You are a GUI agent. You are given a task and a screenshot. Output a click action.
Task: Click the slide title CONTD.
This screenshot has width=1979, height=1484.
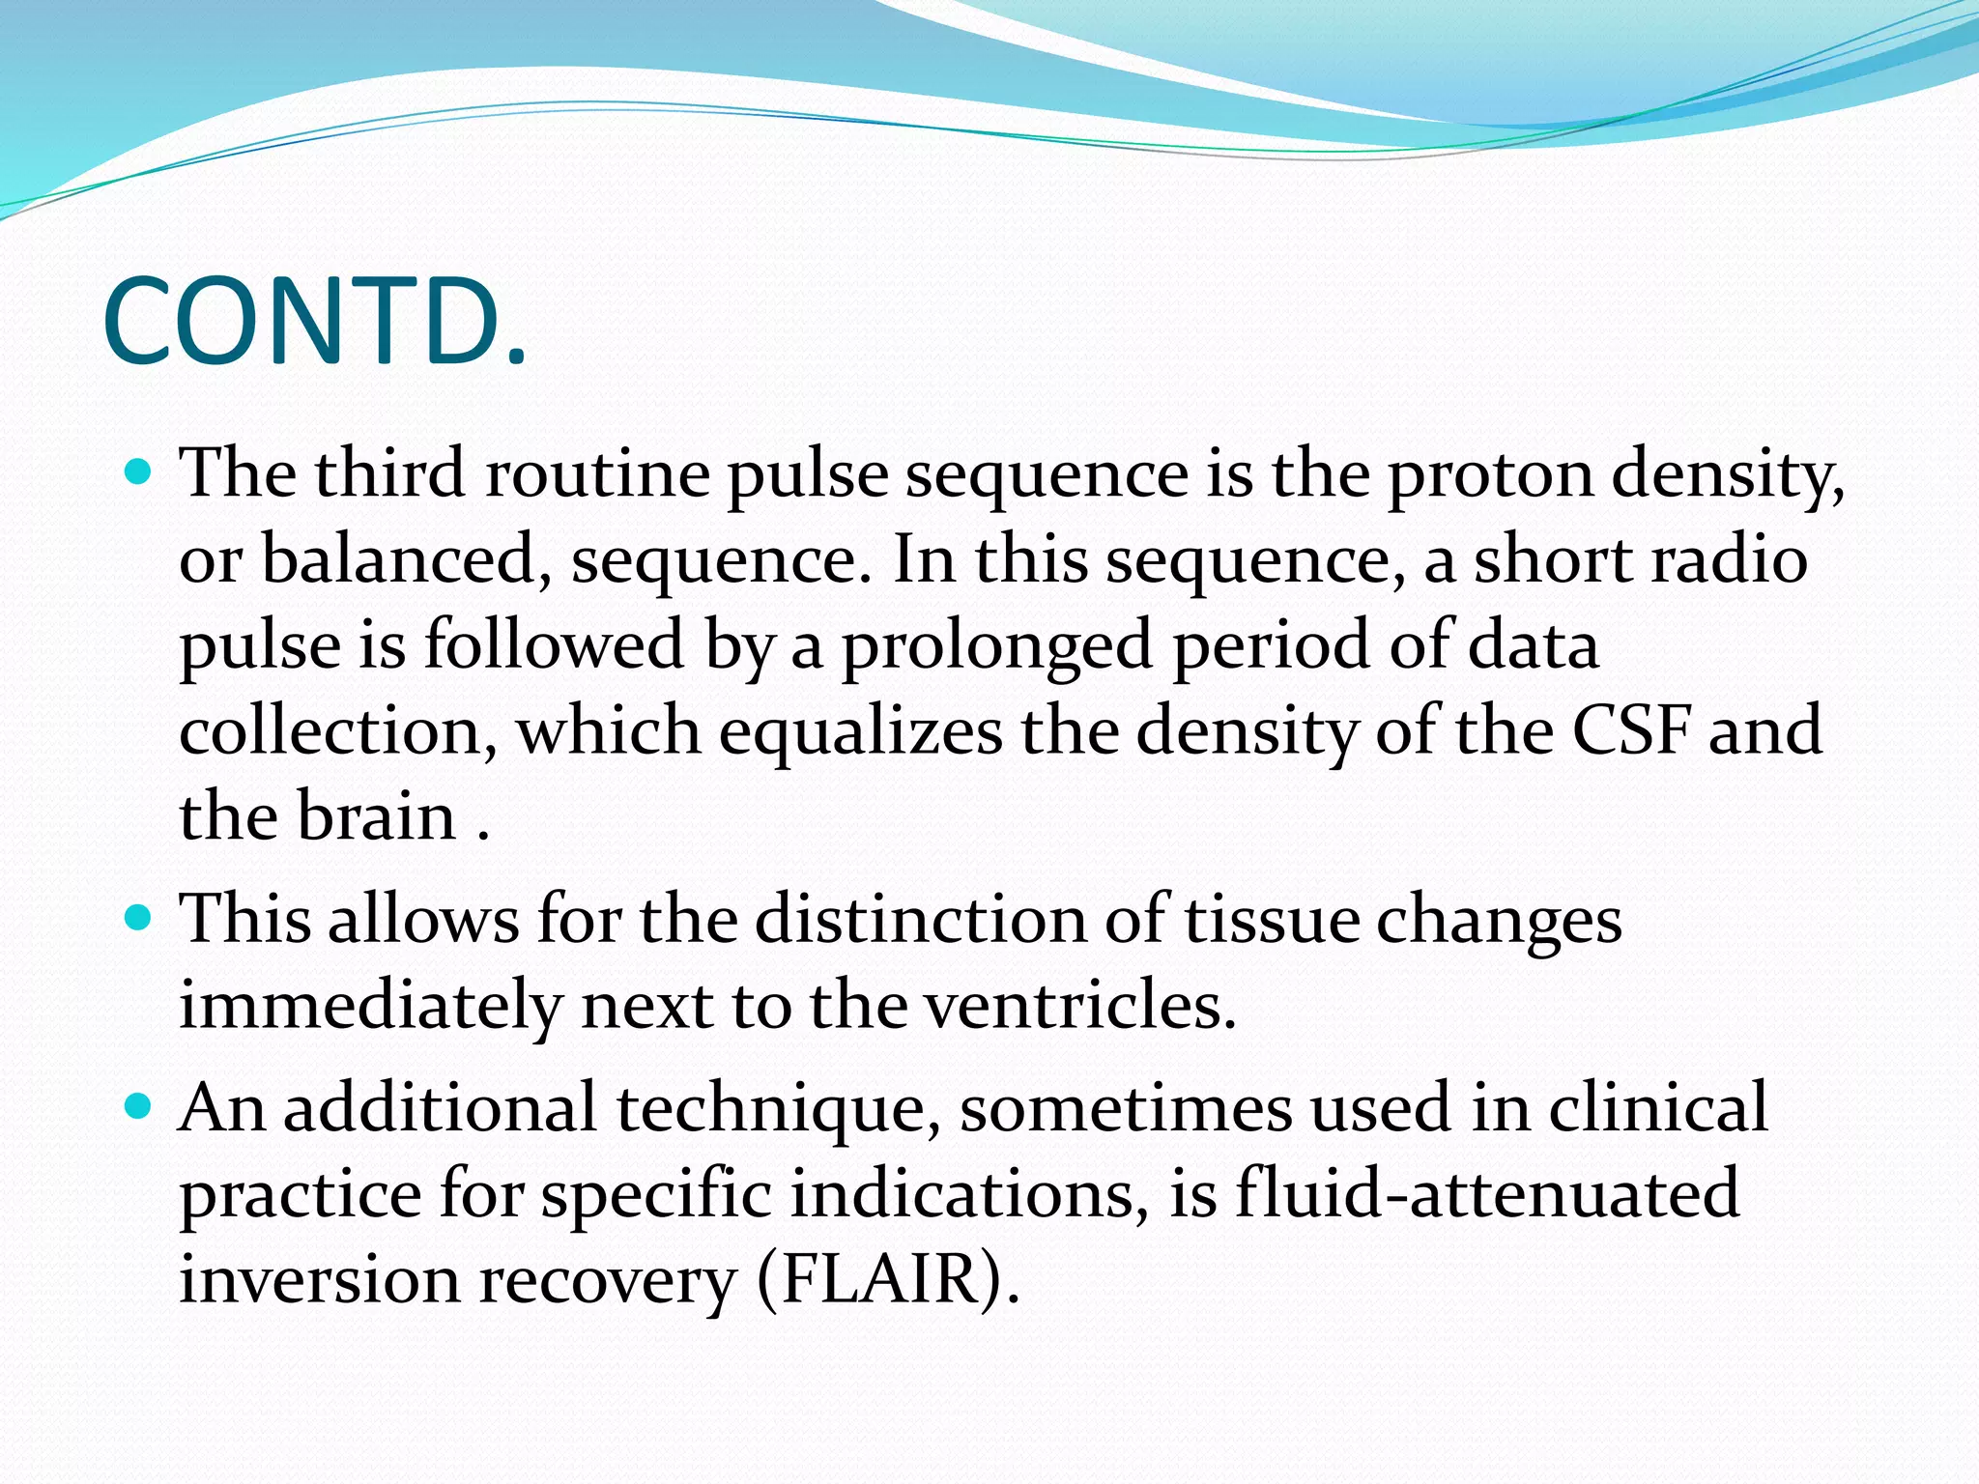click(x=315, y=323)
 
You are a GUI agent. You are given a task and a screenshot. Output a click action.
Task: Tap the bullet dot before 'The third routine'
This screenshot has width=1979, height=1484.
click(x=140, y=472)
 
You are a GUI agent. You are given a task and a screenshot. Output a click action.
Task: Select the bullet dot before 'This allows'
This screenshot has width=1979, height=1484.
click(x=140, y=917)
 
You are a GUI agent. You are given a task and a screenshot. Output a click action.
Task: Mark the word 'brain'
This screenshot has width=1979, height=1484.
click(x=376, y=816)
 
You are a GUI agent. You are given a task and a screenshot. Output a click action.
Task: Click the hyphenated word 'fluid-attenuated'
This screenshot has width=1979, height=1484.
click(x=1487, y=1193)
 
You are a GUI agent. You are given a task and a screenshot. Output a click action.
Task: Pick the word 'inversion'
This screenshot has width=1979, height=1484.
click(x=319, y=1279)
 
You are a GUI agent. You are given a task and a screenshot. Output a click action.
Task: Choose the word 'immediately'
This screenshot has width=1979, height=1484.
click(x=370, y=1006)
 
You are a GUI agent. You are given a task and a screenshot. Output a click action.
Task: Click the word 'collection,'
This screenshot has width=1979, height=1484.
click(x=338, y=731)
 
